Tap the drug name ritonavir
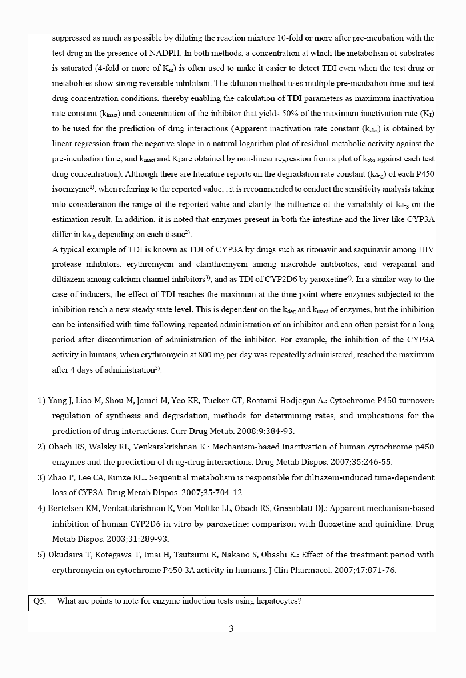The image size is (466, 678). [x=320, y=249]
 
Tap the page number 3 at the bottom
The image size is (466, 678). [x=231, y=628]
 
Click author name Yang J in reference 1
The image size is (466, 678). [x=59, y=401]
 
